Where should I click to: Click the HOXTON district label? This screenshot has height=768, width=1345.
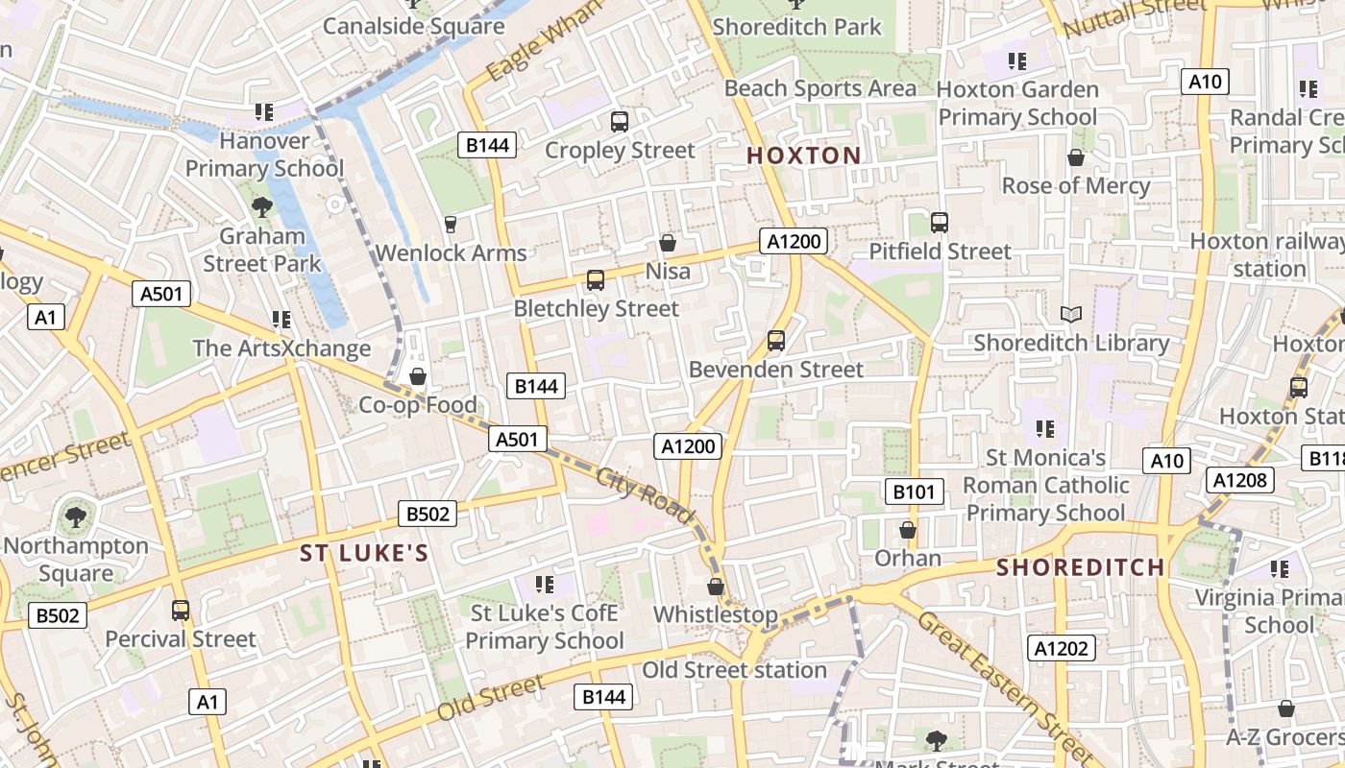click(803, 156)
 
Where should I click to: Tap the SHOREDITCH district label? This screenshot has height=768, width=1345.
click(1080, 567)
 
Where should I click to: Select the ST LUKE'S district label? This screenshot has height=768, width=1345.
click(363, 553)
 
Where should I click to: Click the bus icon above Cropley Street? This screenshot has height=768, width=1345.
click(620, 122)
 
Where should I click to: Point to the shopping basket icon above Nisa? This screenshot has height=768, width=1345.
click(668, 243)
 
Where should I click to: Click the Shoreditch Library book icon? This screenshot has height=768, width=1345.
click(1071, 314)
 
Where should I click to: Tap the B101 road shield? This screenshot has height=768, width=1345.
click(914, 492)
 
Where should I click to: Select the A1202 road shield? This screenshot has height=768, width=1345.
click(1062, 648)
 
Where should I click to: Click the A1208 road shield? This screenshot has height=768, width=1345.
click(1240, 480)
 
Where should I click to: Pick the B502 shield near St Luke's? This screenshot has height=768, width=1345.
click(428, 514)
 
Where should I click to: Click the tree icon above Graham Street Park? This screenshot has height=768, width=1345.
click(261, 206)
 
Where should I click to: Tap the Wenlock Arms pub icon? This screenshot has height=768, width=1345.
click(450, 225)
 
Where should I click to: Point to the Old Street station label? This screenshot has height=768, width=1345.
click(734, 670)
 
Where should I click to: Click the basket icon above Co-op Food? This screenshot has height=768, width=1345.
click(418, 376)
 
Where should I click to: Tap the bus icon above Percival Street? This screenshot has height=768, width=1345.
click(181, 610)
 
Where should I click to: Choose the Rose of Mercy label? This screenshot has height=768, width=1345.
click(1075, 185)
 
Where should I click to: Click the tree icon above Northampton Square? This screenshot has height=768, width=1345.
click(75, 517)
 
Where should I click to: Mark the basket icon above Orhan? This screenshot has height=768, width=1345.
click(908, 530)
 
